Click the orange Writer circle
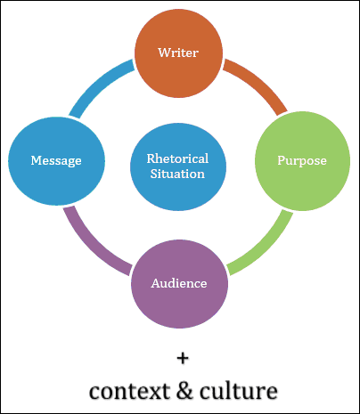click(178, 53)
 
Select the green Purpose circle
click(302, 161)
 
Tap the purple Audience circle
click(179, 284)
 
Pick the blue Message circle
click(56, 161)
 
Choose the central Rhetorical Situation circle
click(178, 166)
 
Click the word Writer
click(178, 53)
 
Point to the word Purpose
click(302, 161)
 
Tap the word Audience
click(179, 283)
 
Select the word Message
click(56, 160)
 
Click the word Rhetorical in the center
click(177, 158)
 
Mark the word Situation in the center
click(177, 174)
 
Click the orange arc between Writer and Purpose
click(257, 84)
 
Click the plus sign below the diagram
click(183, 358)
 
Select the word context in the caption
click(129, 392)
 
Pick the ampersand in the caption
click(184, 390)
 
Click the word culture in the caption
click(239, 391)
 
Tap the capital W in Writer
click(165, 53)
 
